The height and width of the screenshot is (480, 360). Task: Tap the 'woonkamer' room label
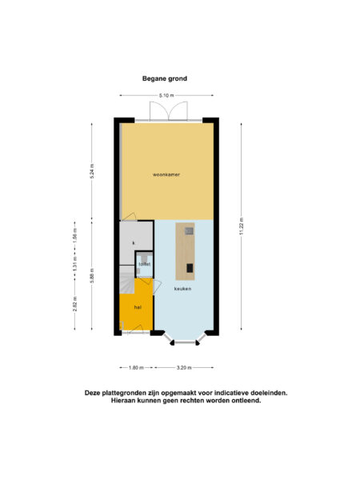pyautogui.click(x=166, y=174)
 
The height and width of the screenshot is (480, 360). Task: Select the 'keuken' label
pyautogui.click(x=182, y=289)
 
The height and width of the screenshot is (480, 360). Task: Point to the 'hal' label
pyautogui.click(x=126, y=307)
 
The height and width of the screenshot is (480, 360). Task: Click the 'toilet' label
pyautogui.click(x=144, y=264)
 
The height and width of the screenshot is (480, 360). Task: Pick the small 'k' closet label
pyautogui.click(x=134, y=242)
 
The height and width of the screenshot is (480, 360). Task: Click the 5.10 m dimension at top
pyautogui.click(x=166, y=96)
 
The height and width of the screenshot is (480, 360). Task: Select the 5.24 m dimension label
pyautogui.click(x=94, y=172)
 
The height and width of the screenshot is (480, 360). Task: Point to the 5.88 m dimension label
pyautogui.click(x=94, y=277)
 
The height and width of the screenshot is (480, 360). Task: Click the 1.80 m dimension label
pyautogui.click(x=136, y=367)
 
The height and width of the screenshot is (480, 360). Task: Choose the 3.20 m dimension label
pyautogui.click(x=184, y=367)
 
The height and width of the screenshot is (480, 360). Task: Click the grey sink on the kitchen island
pyautogui.click(x=188, y=231)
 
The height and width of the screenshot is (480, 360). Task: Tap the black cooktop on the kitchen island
pyautogui.click(x=189, y=267)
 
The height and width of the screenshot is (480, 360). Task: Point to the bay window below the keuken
pyautogui.click(x=183, y=340)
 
